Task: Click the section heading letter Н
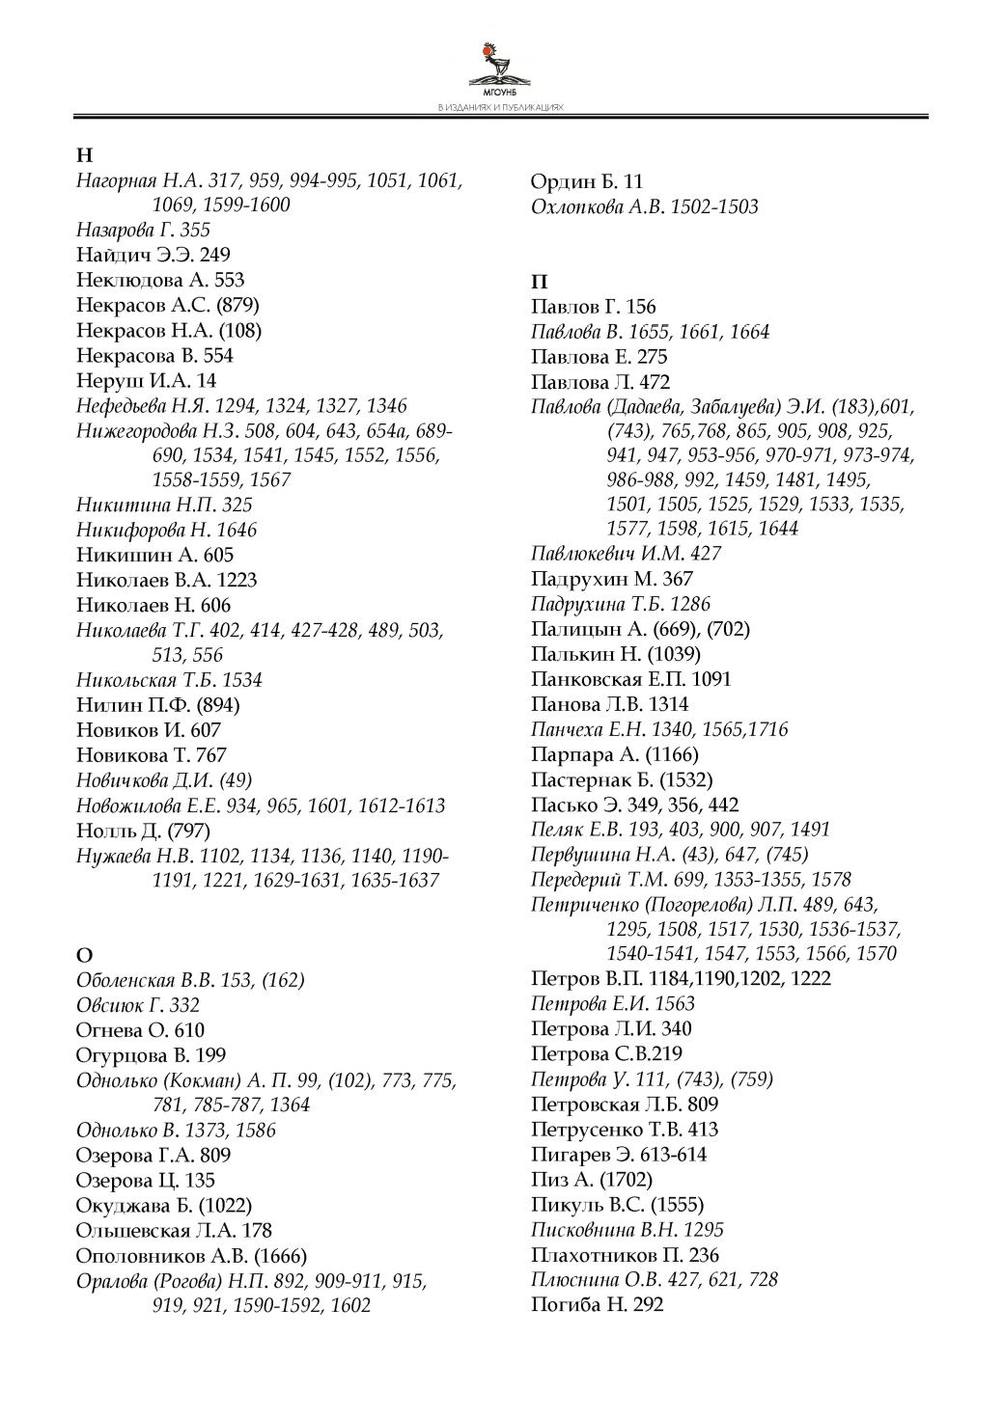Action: pos(84,155)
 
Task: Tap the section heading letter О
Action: pos(84,955)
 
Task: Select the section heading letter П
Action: pos(540,282)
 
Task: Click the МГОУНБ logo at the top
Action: pos(500,68)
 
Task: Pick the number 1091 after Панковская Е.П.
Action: pos(711,679)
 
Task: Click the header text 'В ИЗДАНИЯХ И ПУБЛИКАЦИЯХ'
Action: pos(500,108)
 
